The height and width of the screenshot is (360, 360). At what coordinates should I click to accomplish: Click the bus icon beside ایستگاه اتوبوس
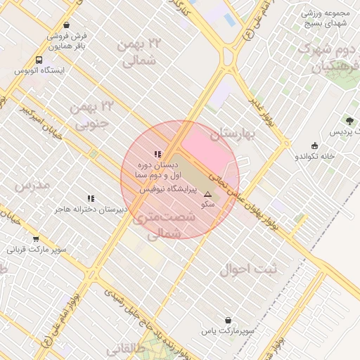(38, 60)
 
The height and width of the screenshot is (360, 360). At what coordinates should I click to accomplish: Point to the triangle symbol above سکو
(207, 194)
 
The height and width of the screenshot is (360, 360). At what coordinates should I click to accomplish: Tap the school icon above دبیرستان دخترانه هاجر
(90, 199)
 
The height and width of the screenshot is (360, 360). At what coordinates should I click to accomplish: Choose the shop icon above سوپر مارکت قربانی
(36, 239)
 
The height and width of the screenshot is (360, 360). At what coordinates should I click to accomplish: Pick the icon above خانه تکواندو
(314, 146)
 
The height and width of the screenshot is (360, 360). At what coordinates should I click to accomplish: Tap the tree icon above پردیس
(349, 121)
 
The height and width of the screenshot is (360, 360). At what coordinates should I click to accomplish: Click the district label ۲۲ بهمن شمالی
(141, 53)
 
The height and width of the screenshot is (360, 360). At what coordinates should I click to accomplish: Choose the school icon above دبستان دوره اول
(157, 154)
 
